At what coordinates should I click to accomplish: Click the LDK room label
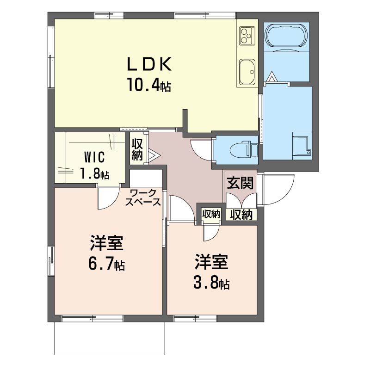(x=149, y=64)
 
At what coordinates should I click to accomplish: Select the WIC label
(x=94, y=157)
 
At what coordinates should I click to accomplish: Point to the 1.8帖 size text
(x=94, y=174)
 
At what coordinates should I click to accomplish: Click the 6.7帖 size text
(x=107, y=264)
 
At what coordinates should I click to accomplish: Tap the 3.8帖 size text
(x=211, y=283)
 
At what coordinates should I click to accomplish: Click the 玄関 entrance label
(x=240, y=183)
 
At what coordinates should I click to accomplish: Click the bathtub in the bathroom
(x=286, y=36)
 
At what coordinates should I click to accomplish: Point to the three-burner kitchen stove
(x=247, y=36)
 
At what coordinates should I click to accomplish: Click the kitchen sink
(x=247, y=72)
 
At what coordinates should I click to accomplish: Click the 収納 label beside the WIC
(x=137, y=149)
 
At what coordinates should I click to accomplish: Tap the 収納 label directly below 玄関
(x=241, y=215)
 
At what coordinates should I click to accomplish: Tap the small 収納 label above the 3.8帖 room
(x=211, y=214)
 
